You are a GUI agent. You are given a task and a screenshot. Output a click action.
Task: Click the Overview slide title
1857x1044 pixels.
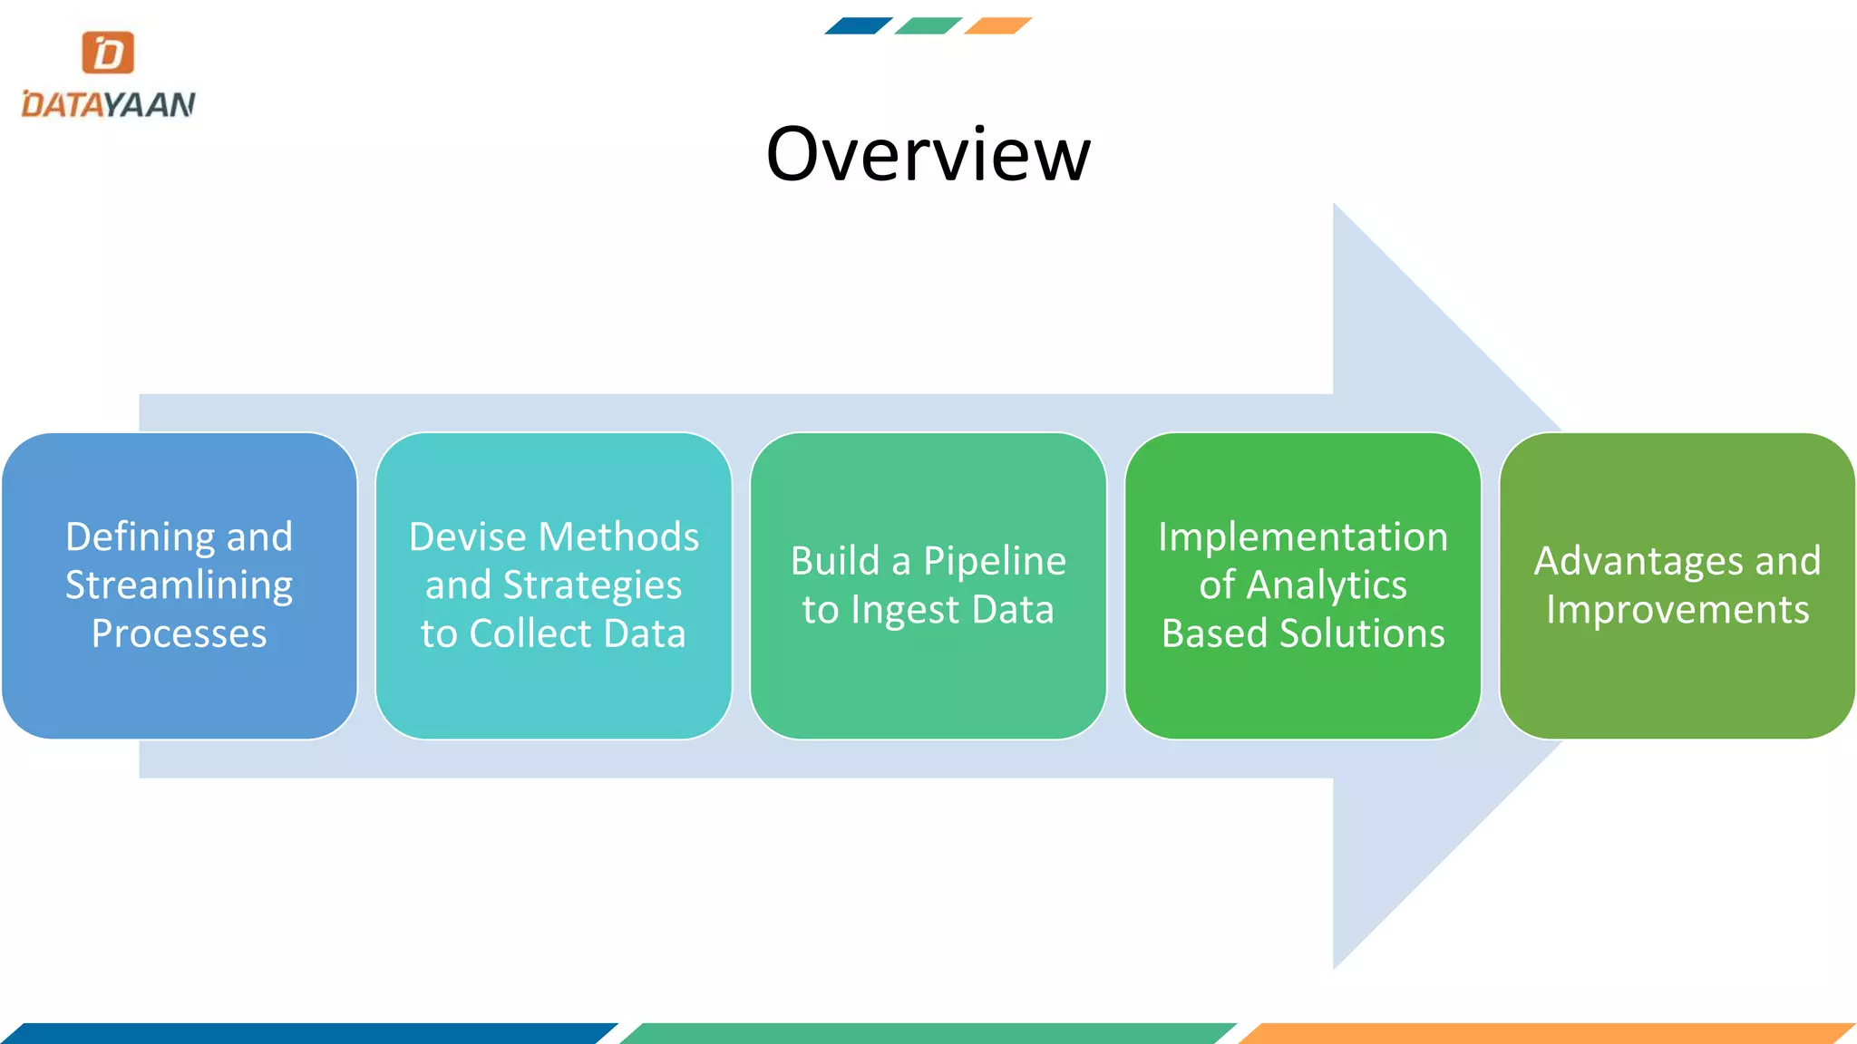point(928,154)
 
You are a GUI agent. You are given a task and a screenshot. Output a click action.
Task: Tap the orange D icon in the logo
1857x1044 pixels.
point(108,53)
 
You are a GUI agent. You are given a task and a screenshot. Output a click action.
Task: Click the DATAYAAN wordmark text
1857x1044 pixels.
point(108,104)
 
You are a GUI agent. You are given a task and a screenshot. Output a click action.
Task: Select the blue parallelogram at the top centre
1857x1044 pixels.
point(858,25)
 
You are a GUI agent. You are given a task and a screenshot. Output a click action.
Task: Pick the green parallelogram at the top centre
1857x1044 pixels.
point(928,25)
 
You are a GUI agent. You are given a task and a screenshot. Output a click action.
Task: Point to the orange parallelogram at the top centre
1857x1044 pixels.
point(997,25)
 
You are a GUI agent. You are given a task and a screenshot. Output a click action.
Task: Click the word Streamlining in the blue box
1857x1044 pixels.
point(179,585)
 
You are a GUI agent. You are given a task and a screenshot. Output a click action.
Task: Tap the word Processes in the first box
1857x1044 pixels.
point(179,633)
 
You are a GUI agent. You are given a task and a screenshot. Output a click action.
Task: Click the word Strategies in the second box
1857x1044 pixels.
point(592,585)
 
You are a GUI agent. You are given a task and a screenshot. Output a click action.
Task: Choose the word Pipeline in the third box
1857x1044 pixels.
point(994,562)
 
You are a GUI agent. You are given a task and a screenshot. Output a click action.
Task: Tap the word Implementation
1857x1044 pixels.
point(1303,536)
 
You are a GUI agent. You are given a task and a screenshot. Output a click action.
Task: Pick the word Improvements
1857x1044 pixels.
point(1677,610)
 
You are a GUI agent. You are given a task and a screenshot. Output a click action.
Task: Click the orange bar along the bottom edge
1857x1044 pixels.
point(1546,1033)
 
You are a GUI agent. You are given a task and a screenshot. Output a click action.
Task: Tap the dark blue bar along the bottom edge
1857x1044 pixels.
point(308,1033)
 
